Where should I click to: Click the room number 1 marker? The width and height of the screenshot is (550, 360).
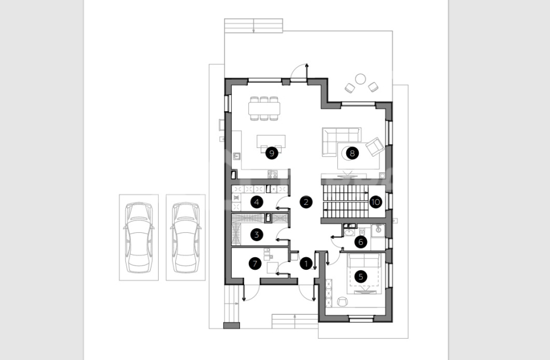(x=306, y=264)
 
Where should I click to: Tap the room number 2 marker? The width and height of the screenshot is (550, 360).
(x=306, y=202)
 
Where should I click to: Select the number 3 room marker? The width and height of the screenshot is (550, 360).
(x=257, y=235)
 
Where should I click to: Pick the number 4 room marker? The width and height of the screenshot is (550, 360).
(x=257, y=202)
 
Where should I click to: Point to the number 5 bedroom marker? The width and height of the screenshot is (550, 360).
(x=361, y=276)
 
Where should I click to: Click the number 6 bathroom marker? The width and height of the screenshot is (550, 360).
(x=361, y=241)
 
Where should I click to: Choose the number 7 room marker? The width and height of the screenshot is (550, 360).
(x=255, y=264)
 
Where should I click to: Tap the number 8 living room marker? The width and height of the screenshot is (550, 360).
(x=352, y=153)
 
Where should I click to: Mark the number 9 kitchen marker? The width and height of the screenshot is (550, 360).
(x=271, y=153)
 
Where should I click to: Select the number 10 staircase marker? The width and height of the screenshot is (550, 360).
(x=375, y=202)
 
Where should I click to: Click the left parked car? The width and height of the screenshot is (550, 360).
(x=139, y=237)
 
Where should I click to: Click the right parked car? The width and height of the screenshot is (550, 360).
(x=185, y=237)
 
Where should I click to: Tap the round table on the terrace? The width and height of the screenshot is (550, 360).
(x=361, y=79)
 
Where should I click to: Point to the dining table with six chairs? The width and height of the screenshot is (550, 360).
(x=264, y=109)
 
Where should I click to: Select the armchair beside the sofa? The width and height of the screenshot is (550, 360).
(x=375, y=146)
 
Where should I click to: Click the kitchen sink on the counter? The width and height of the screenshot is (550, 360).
(x=237, y=156)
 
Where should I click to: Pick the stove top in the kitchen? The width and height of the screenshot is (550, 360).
(x=273, y=173)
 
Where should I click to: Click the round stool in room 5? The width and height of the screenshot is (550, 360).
(x=342, y=301)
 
